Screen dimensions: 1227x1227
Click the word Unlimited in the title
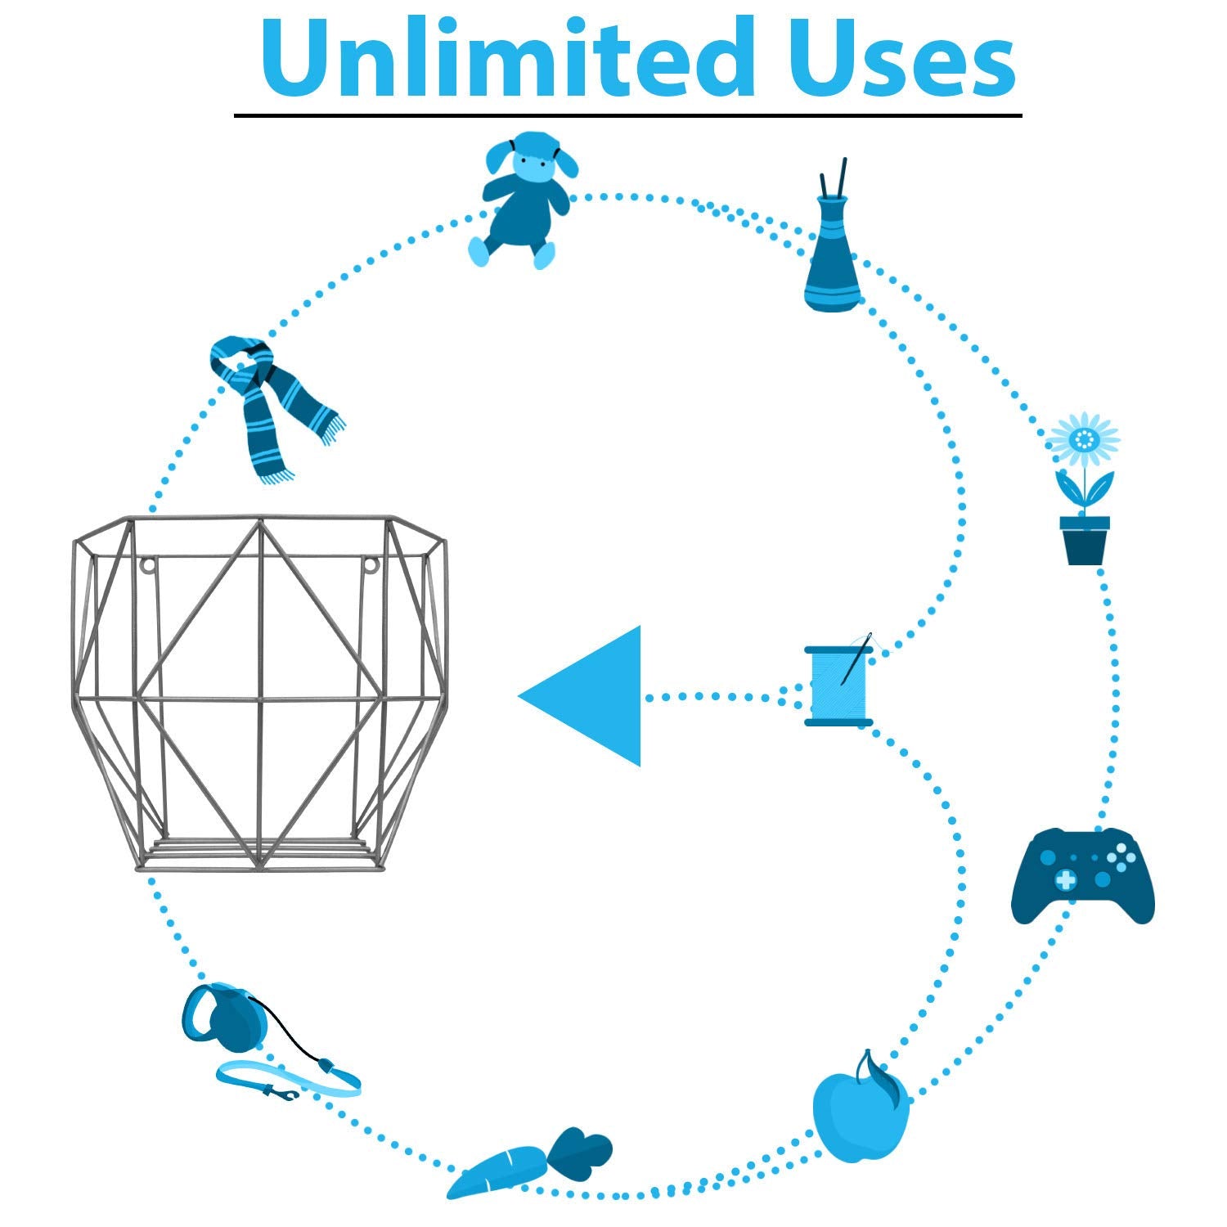(x=508, y=56)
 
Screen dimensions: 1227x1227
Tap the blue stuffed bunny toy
(x=524, y=200)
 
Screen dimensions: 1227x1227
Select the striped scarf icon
(x=274, y=405)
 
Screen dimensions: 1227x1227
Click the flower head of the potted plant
(x=1083, y=440)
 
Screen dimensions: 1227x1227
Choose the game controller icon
(x=1083, y=876)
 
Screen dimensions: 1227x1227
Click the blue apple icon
(x=860, y=1108)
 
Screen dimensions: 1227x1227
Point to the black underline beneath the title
(x=627, y=115)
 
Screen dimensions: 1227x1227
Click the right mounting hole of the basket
(x=371, y=564)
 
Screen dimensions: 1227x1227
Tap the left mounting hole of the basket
(x=148, y=564)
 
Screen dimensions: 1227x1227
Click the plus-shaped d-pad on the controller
(x=1065, y=880)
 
